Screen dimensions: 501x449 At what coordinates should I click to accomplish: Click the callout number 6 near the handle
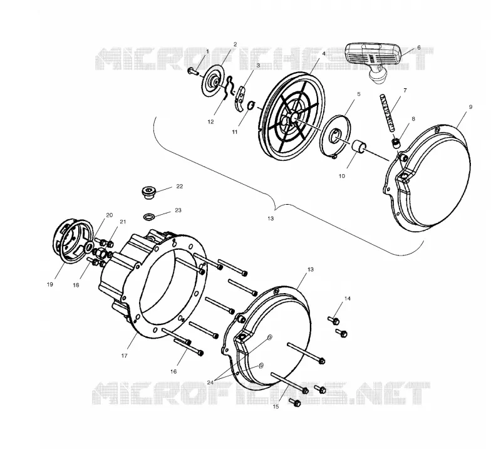tap(418, 48)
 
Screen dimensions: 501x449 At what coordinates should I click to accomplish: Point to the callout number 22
tap(180, 187)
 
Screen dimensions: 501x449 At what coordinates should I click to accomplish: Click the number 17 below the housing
tap(124, 355)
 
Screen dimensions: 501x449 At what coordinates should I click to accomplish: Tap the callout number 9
tap(470, 107)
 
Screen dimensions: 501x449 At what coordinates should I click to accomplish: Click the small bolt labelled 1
tap(193, 71)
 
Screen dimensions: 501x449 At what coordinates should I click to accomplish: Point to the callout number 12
tap(210, 121)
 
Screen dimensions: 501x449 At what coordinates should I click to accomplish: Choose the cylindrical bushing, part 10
tap(359, 145)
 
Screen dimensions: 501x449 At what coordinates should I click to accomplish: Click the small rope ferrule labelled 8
tap(396, 143)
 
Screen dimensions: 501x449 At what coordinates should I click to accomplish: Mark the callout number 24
tap(210, 383)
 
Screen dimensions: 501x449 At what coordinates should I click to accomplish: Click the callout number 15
tap(276, 406)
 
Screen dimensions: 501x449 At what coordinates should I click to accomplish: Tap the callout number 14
tap(348, 299)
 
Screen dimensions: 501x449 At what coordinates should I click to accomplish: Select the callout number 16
tap(173, 371)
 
